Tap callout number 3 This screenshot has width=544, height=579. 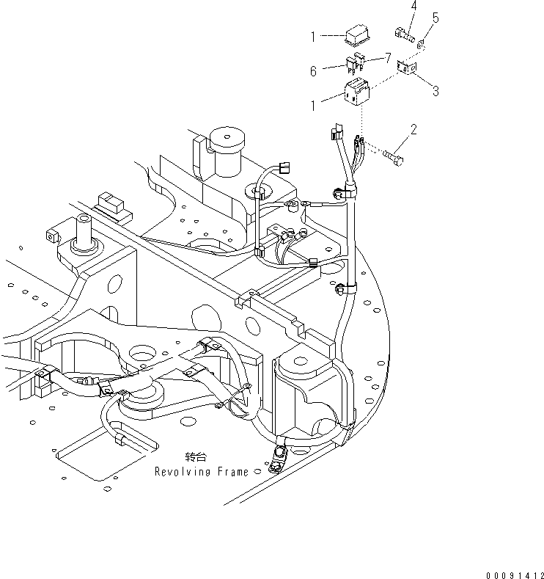coord(435,92)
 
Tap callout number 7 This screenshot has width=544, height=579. coord(388,57)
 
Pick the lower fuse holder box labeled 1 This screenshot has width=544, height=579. coord(358,93)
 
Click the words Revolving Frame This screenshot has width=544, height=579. coord(201,472)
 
